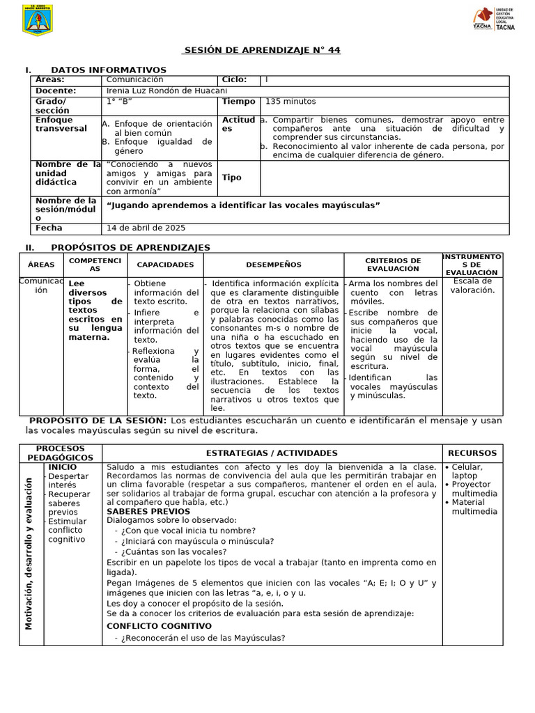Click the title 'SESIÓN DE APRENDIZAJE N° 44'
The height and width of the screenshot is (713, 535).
coord(261,51)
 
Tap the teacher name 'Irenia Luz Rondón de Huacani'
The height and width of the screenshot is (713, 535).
coord(166,91)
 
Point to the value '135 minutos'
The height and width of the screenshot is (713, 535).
coord(290,102)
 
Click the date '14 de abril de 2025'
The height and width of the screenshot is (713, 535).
coord(146,228)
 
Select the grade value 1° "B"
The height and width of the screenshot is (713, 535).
coord(119,102)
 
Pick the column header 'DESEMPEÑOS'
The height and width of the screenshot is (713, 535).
coord(274,265)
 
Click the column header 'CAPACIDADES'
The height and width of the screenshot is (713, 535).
coord(165,265)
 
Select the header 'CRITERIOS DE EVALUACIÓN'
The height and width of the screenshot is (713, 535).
coord(393,265)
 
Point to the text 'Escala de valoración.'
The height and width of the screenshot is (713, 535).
coord(472,285)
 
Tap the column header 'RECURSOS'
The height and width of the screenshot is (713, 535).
coord(472,453)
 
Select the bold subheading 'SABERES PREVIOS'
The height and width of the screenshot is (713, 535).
coord(148,511)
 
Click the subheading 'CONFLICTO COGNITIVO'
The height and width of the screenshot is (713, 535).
coord(159,625)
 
